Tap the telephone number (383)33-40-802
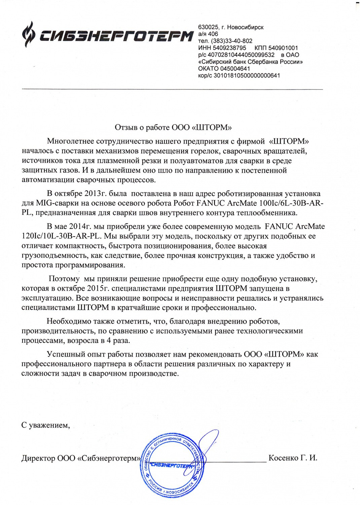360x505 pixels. (230, 41)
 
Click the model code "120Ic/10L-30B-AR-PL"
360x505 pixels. (60, 236)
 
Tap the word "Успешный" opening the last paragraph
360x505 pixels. (66, 355)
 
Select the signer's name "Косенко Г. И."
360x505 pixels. (293, 458)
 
